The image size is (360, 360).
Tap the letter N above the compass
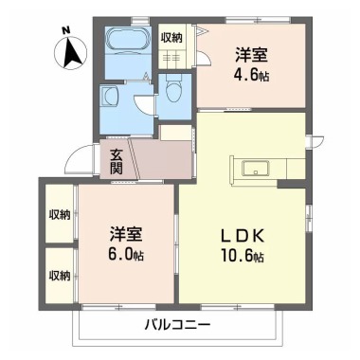pos(66,29)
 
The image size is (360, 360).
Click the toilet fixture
pos(172,91)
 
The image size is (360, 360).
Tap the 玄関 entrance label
pos(116,160)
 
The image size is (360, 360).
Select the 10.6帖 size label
pos(243,257)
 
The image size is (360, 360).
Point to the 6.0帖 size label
pos(126,257)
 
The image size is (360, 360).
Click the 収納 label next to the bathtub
pos(171,37)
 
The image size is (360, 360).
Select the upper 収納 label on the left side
pos(59,215)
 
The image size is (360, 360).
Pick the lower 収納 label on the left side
pos(59,276)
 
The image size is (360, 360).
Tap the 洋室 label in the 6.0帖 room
pos(125,234)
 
